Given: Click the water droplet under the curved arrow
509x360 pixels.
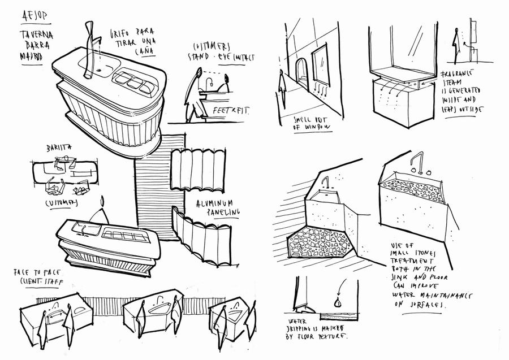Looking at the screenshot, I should click(338, 302).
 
